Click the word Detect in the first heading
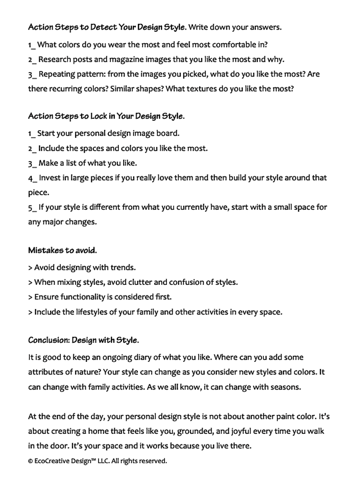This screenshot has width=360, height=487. pos(103,27)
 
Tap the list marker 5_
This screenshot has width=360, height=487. pos(32,207)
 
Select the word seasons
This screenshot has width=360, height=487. pos(285,387)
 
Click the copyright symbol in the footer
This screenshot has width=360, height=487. pos(30,461)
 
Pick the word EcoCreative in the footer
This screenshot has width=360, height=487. pos(52,461)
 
